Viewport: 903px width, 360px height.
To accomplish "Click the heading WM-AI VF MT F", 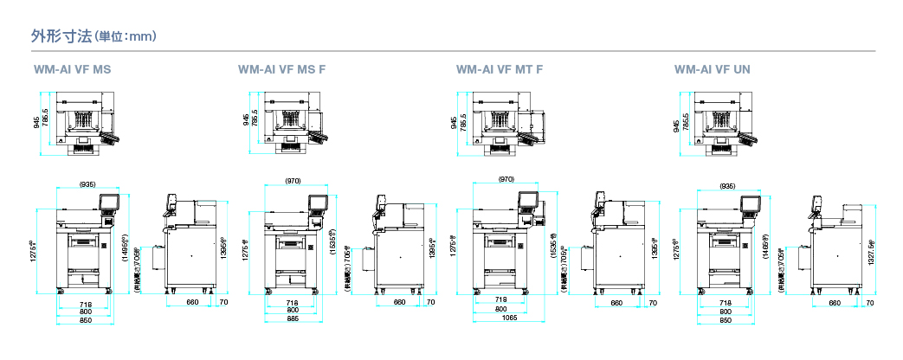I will (x=500, y=69).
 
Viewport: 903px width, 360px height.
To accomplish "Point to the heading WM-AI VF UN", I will (x=713, y=69).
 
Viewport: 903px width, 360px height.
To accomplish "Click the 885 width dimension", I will (x=293, y=318).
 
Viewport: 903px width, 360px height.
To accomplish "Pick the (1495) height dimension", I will (x=125, y=247).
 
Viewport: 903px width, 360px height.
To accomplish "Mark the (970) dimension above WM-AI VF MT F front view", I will (x=506, y=178).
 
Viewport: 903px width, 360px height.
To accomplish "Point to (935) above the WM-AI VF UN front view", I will (x=727, y=185).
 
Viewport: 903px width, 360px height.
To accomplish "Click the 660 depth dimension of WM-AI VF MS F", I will (x=399, y=303).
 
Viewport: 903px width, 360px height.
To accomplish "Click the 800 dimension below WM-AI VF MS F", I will (x=293, y=311).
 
